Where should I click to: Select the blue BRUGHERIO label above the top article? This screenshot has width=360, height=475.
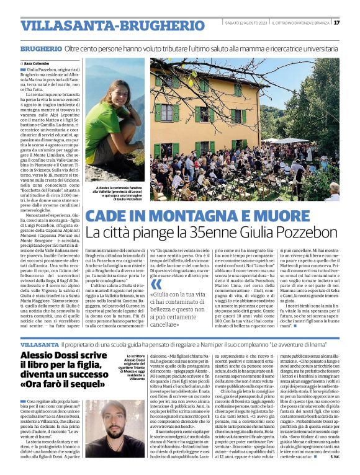(40, 48)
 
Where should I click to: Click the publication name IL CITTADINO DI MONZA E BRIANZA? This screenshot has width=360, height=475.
(298, 23)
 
